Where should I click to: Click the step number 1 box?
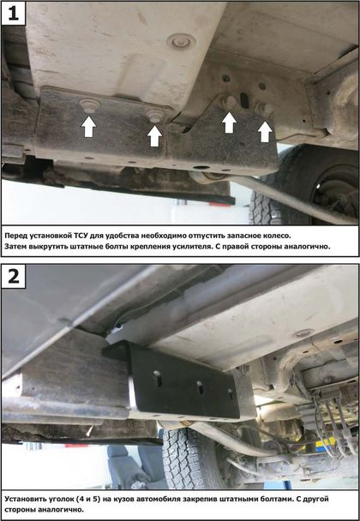[x=14, y=13]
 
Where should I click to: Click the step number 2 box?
[x=14, y=276]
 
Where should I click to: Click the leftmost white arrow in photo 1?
[x=88, y=127]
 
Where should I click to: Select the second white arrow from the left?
[x=154, y=136]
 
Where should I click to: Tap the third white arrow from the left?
[x=229, y=123]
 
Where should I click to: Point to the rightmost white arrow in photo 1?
[x=265, y=132]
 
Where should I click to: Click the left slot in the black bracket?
[x=159, y=379]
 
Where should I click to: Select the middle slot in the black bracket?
[x=200, y=387]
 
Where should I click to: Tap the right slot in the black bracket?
[x=231, y=393]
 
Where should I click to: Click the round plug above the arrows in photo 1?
[x=181, y=41]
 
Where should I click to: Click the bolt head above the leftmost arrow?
[x=90, y=105]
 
